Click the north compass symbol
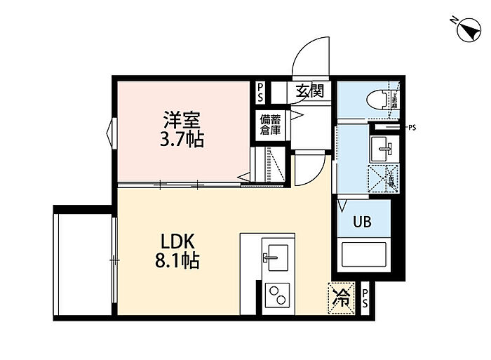point(464,29)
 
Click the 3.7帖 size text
point(182,138)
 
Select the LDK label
point(179,239)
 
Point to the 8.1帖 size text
point(177,262)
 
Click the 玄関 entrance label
point(309,91)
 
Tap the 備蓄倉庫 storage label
point(270,124)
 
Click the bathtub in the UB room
point(363,256)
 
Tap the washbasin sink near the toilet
point(382,147)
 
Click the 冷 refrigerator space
point(342,295)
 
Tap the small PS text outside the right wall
point(412,128)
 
